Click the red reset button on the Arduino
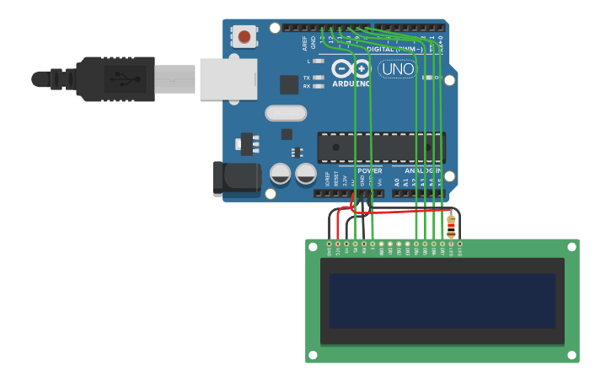(244, 36)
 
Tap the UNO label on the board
(397, 69)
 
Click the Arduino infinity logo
(351, 68)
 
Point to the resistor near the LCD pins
(451, 226)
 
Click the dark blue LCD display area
(442, 300)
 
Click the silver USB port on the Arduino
(228, 79)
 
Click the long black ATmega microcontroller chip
(381, 147)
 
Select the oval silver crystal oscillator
(286, 113)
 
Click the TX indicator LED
(319, 78)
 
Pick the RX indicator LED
(319, 86)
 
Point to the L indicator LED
(319, 61)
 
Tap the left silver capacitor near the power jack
(280, 175)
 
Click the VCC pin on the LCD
(338, 245)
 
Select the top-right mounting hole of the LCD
(572, 245)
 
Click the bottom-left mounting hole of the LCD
(312, 356)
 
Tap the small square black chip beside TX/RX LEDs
(289, 83)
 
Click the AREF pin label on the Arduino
(305, 42)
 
